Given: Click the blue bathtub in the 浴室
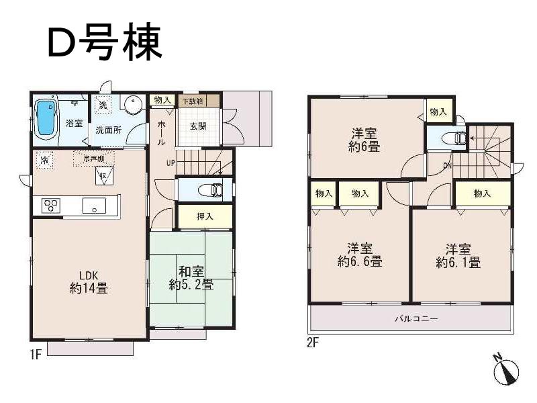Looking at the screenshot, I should (45, 117).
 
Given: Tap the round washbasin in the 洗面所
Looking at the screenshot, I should (133, 106).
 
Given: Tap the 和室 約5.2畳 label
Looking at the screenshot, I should (191, 278).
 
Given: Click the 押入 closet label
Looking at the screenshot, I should (205, 217).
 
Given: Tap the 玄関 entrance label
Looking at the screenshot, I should (197, 126).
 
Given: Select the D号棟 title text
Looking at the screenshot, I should (104, 42).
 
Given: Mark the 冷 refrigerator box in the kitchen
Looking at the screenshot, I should (44, 161).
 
